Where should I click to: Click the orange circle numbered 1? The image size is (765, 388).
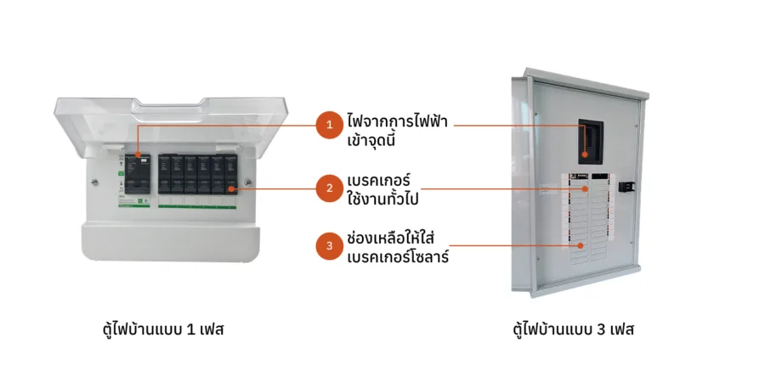point(328,126)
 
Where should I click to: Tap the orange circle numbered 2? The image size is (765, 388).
point(328,188)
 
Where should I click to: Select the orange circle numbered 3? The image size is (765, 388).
point(328,247)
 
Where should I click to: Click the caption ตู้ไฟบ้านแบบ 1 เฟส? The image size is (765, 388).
point(163,329)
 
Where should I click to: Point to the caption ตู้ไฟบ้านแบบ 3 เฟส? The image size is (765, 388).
point(574,329)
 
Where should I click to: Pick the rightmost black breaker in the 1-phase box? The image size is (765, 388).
point(230,173)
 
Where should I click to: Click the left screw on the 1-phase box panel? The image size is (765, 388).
point(96,179)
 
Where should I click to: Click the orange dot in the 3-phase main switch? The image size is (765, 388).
point(585,156)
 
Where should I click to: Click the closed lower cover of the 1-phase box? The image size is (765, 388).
point(171,242)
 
